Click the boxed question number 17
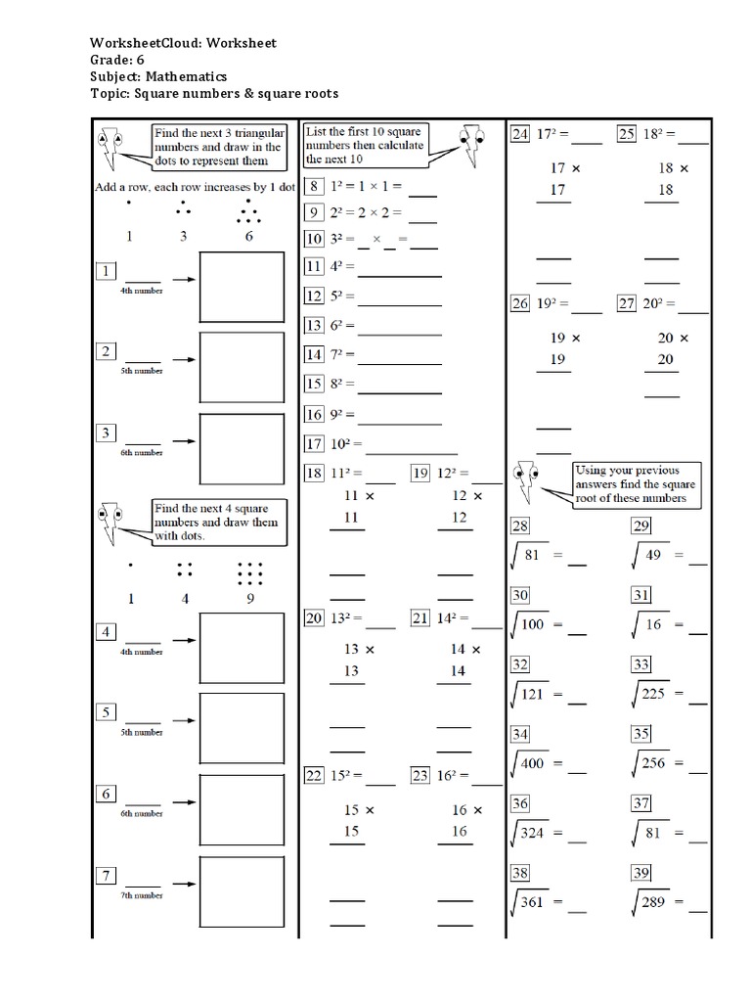[314, 444]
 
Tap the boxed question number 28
[520, 526]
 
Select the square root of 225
[654, 695]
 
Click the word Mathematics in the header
[185, 76]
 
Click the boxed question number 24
[520, 135]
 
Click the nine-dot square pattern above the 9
[250, 571]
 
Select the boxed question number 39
[641, 873]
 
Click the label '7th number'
[142, 896]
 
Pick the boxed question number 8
[314, 186]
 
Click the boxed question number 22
[314, 776]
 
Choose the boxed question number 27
[627, 303]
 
